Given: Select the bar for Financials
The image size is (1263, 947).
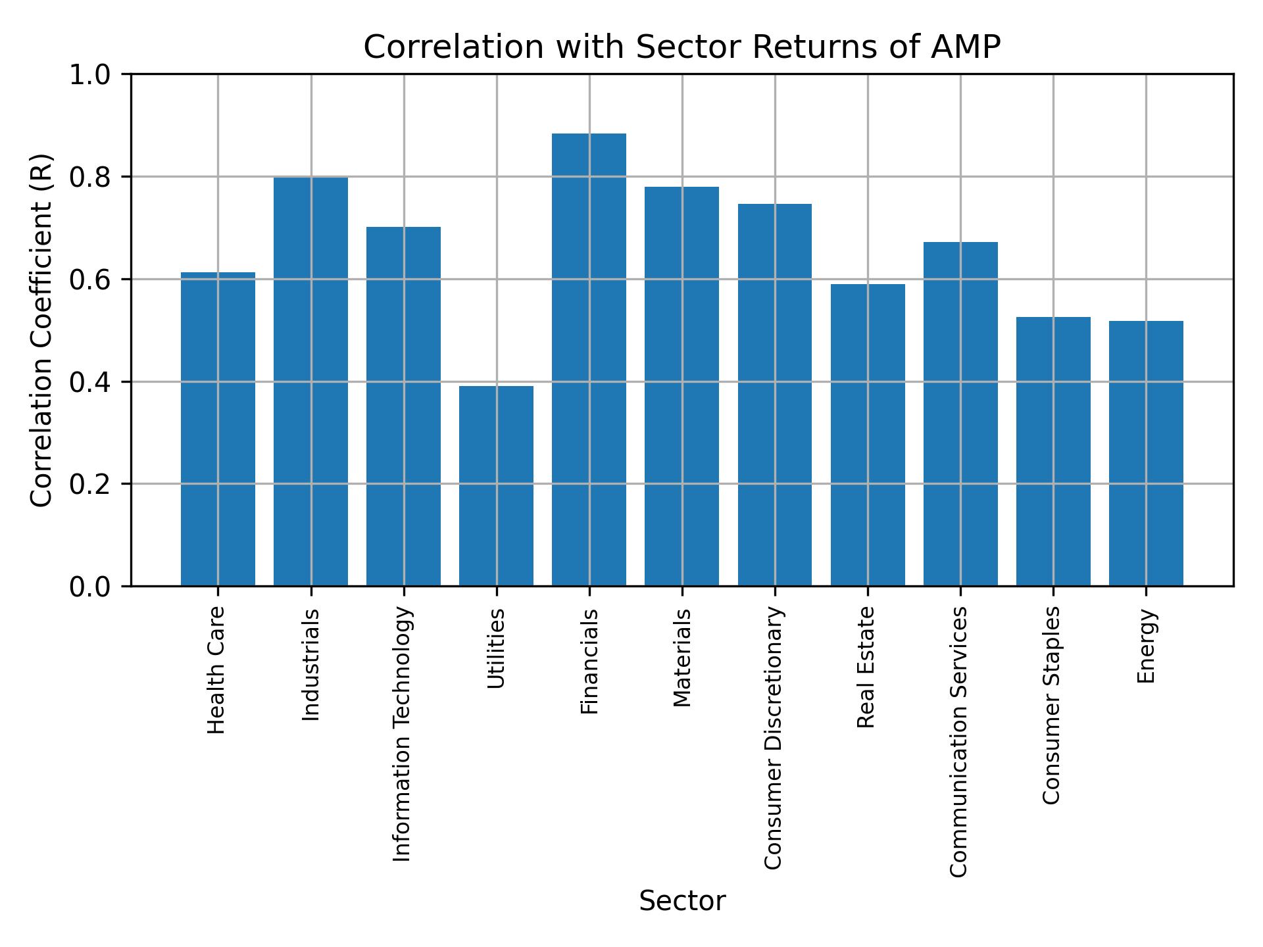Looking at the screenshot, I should click(589, 360).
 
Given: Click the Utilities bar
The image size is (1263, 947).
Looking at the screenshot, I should click(496, 486).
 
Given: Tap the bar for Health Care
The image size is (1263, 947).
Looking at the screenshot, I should click(218, 429).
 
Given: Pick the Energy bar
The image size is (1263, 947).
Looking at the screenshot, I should click(1146, 453).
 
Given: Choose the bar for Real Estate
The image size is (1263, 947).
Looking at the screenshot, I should click(868, 435).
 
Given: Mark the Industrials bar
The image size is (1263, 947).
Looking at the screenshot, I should click(310, 381).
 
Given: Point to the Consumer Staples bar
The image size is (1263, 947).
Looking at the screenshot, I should click(1053, 451).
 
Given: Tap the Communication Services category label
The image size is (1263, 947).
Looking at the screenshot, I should click(959, 742).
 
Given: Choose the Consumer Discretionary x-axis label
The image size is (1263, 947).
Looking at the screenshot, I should click(774, 738).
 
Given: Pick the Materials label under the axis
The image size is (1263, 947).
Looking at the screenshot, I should click(683, 658).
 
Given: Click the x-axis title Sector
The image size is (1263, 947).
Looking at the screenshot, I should click(682, 901).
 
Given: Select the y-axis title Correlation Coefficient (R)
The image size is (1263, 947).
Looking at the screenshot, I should click(41, 330).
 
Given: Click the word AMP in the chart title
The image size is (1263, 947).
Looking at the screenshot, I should click(966, 47).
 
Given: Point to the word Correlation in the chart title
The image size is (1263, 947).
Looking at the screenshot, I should click(454, 47).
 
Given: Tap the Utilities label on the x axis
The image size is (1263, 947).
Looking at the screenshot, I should click(497, 648).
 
